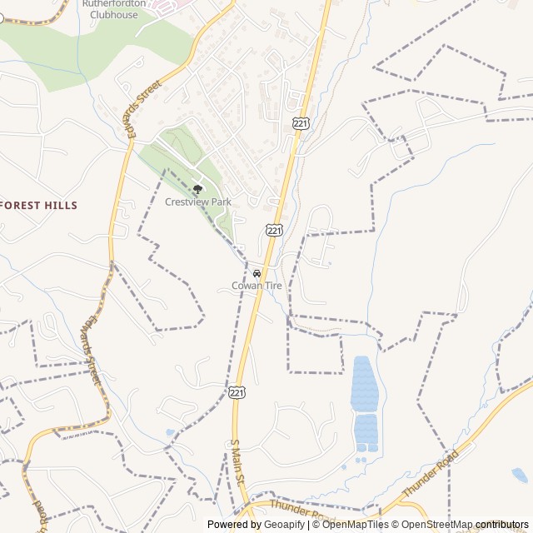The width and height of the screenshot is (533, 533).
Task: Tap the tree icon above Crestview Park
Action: tap(197, 189)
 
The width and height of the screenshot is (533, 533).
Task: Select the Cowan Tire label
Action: tap(257, 286)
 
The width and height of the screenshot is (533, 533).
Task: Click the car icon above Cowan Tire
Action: tap(257, 273)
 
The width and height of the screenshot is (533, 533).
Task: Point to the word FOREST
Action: tap(24, 206)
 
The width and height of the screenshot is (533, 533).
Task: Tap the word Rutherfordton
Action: tap(114, 4)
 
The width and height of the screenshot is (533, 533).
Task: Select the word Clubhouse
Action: tap(114, 15)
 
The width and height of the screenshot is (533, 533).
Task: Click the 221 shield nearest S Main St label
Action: tap(238, 391)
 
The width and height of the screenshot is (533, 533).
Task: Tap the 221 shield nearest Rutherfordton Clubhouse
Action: tap(300, 123)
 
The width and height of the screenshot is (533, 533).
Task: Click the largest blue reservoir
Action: tap(364, 384)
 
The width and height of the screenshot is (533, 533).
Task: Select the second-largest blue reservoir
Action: tap(366, 429)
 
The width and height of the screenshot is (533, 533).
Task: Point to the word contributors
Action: tap(502, 525)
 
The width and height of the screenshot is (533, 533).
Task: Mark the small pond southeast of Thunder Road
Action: tap(520, 476)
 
